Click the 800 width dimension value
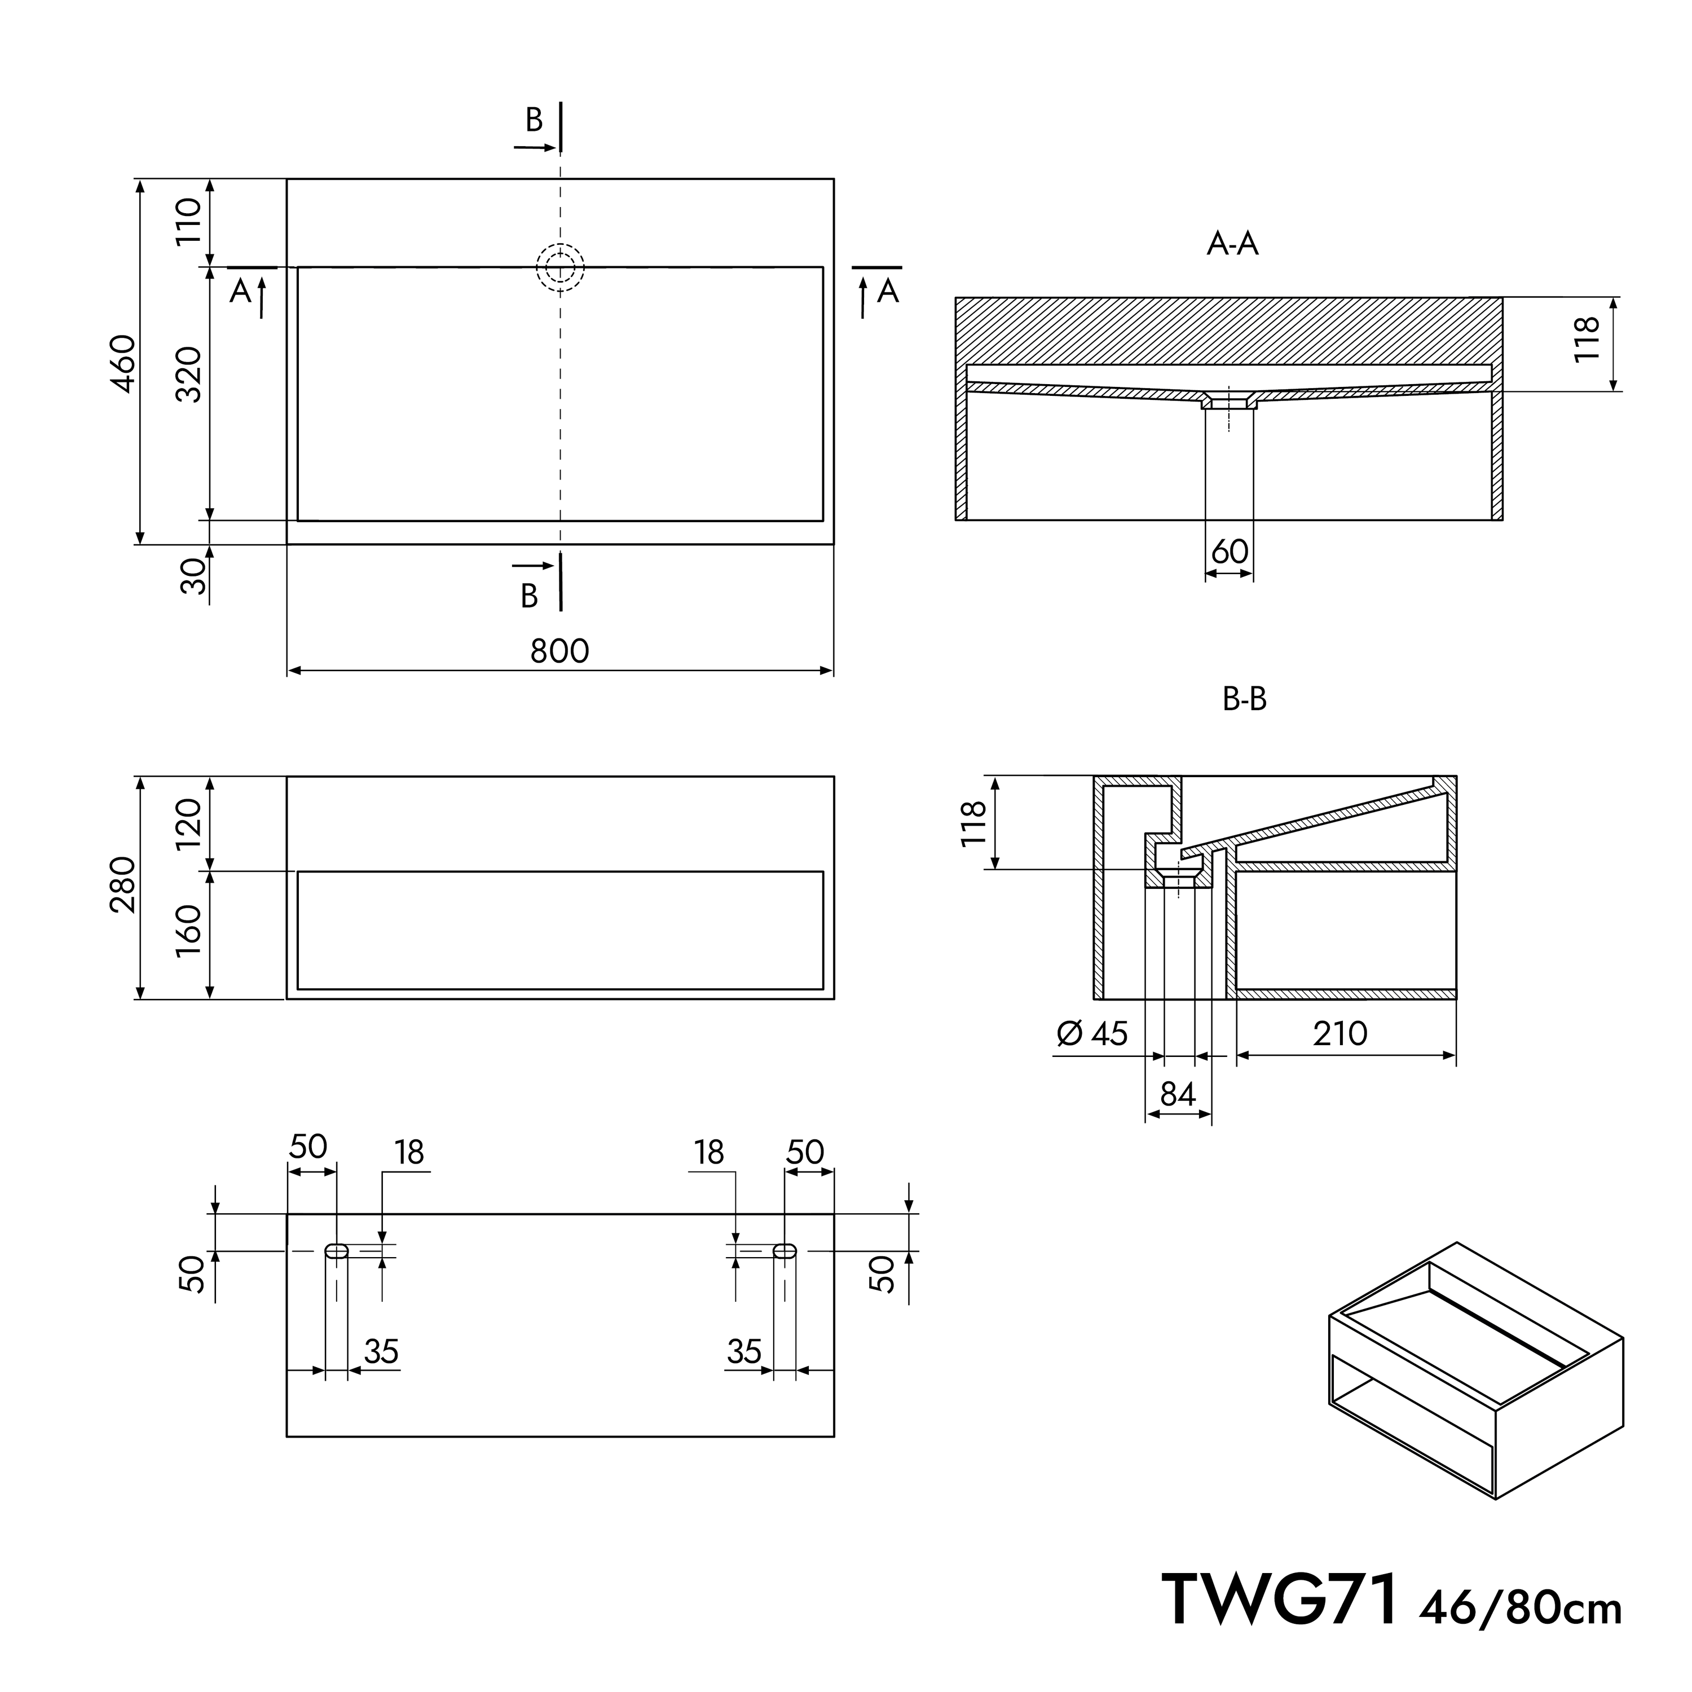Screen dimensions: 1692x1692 [x=559, y=651]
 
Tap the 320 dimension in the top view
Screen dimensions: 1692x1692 [x=188, y=375]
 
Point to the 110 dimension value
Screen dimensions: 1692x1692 [x=188, y=222]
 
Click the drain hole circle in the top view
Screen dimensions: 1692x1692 [x=561, y=267]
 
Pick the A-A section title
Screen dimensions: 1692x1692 [x=1232, y=244]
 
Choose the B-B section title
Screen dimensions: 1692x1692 [x=1245, y=699]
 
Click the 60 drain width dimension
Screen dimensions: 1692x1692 [x=1230, y=552]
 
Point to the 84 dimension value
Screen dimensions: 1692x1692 [x=1178, y=1094]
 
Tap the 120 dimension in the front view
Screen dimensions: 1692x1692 [x=188, y=823]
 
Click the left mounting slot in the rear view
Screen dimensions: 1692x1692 [x=336, y=1250]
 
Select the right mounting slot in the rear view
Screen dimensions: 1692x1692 [x=785, y=1250]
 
